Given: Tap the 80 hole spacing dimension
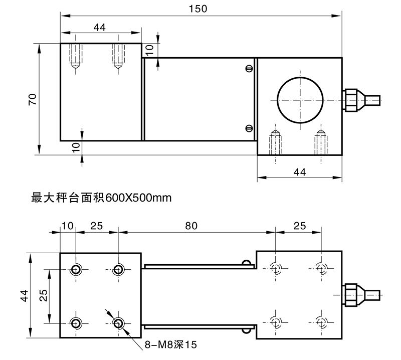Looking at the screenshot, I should (x=191, y=226).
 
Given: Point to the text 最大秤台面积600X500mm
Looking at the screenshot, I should (x=102, y=198).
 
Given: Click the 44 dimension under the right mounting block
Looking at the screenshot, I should (x=299, y=172).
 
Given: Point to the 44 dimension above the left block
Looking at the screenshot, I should (x=99, y=28).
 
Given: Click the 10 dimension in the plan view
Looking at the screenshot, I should (x=67, y=226).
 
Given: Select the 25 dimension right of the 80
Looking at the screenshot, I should (x=299, y=226).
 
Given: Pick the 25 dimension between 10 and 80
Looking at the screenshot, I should (x=96, y=226).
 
